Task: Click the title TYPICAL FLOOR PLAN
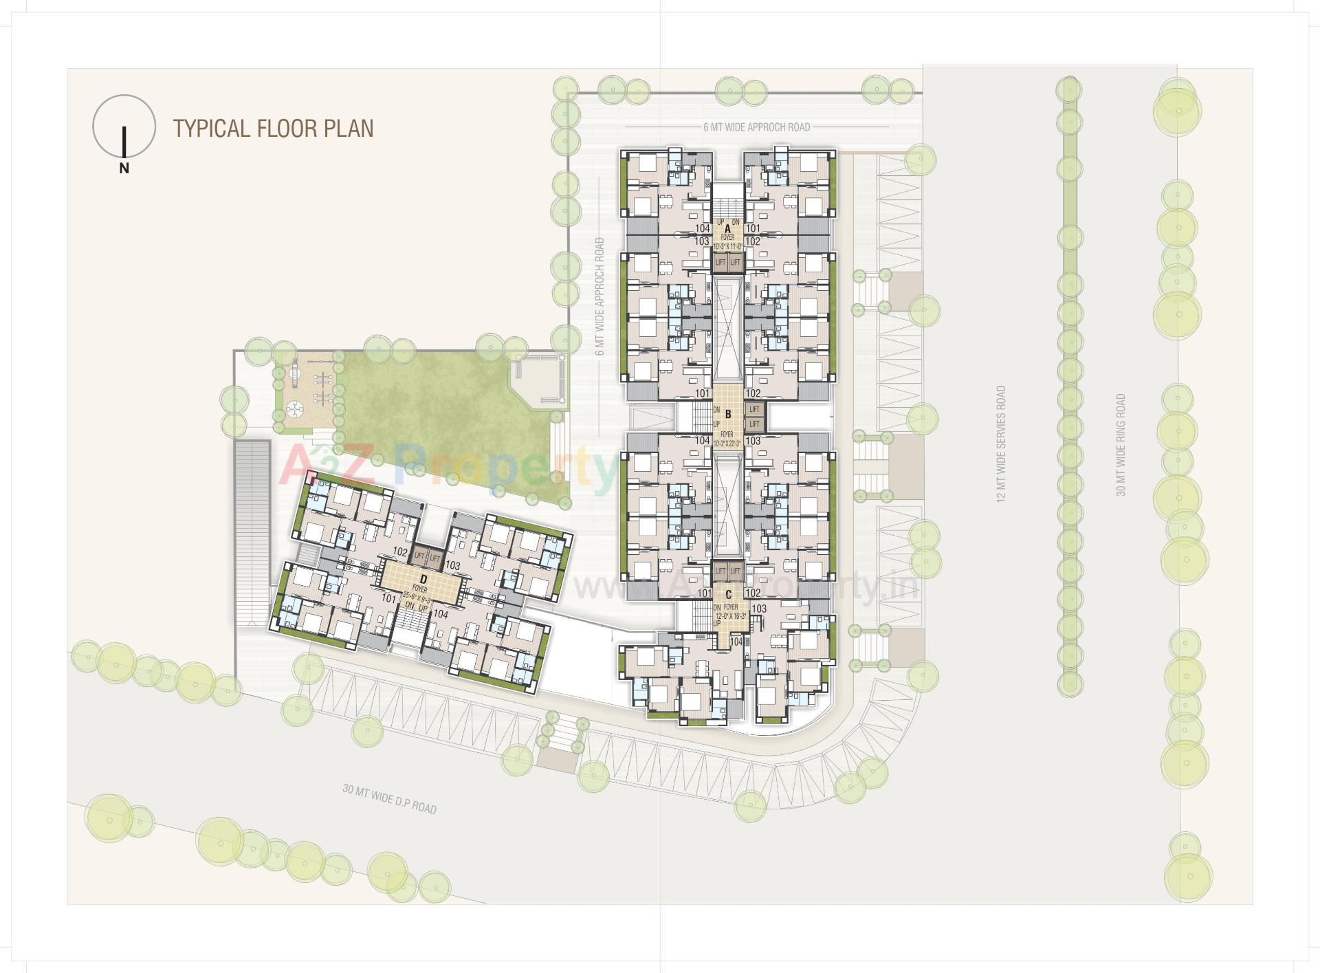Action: tap(273, 129)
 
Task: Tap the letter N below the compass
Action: tap(124, 168)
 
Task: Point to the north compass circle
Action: tap(124, 125)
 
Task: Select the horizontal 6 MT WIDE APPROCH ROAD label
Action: tap(756, 127)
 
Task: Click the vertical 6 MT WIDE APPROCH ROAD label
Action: tap(600, 296)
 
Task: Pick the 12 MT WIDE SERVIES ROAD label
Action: tap(1001, 444)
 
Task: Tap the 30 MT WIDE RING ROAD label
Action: tap(1121, 445)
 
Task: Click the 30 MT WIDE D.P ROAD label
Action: tap(389, 798)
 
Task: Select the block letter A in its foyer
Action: tap(727, 229)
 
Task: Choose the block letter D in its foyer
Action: tap(423, 580)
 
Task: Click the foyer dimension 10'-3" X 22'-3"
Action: tap(727, 444)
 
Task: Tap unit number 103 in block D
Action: tap(452, 566)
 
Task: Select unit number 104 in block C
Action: tap(736, 642)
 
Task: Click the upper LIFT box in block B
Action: tap(754, 410)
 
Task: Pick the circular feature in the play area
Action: tap(294, 408)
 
